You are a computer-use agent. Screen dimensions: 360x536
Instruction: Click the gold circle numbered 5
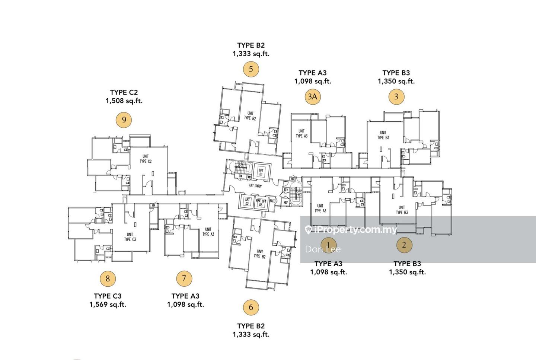(x=251, y=69)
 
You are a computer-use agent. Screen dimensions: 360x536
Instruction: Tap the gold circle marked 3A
(x=312, y=97)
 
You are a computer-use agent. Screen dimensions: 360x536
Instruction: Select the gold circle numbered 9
(x=124, y=120)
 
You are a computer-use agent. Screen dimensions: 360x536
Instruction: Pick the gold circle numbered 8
(x=108, y=278)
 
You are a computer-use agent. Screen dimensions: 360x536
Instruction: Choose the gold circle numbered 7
(x=184, y=278)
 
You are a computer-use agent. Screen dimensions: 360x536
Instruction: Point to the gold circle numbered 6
(x=251, y=307)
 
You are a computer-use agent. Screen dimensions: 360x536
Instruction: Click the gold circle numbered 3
(x=396, y=97)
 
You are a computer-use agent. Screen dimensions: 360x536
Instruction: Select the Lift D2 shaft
(x=247, y=202)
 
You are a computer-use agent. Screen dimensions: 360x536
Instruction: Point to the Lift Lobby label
(x=255, y=186)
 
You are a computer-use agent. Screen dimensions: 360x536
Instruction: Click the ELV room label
(x=286, y=190)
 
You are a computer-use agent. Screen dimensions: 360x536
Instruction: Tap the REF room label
(x=286, y=203)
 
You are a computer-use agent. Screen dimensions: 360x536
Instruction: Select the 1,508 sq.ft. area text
(x=124, y=101)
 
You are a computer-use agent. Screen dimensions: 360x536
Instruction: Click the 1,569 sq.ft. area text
(x=108, y=305)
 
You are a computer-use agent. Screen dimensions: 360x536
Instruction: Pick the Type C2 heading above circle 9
(x=124, y=92)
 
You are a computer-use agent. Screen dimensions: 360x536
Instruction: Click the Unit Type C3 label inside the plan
(x=130, y=237)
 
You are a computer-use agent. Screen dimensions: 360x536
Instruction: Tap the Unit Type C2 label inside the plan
(x=146, y=159)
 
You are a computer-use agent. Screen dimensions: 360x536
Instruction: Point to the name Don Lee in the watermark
(x=323, y=249)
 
